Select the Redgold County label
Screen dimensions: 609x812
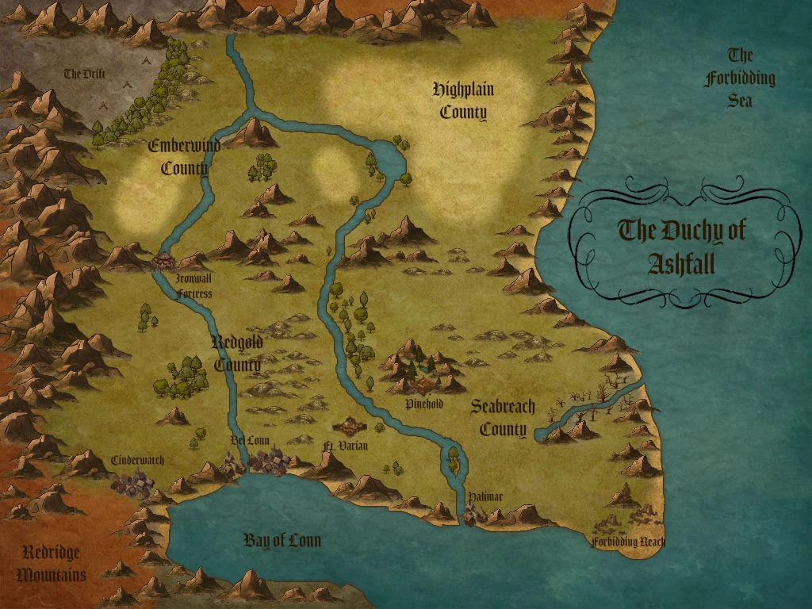pyautogui.click(x=237, y=354)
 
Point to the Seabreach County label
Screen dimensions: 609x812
pyautogui.click(x=502, y=418)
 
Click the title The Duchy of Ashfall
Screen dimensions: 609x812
pyautogui.click(x=681, y=246)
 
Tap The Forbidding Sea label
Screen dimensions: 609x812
pyautogui.click(x=739, y=78)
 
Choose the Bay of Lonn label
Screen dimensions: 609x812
pyautogui.click(x=282, y=541)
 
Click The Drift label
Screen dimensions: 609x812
pyautogui.click(x=85, y=74)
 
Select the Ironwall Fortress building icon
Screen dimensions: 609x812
pyautogui.click(x=164, y=260)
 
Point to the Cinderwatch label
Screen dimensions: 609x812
pyautogui.click(x=137, y=460)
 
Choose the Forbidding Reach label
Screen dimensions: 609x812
pyautogui.click(x=628, y=542)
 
